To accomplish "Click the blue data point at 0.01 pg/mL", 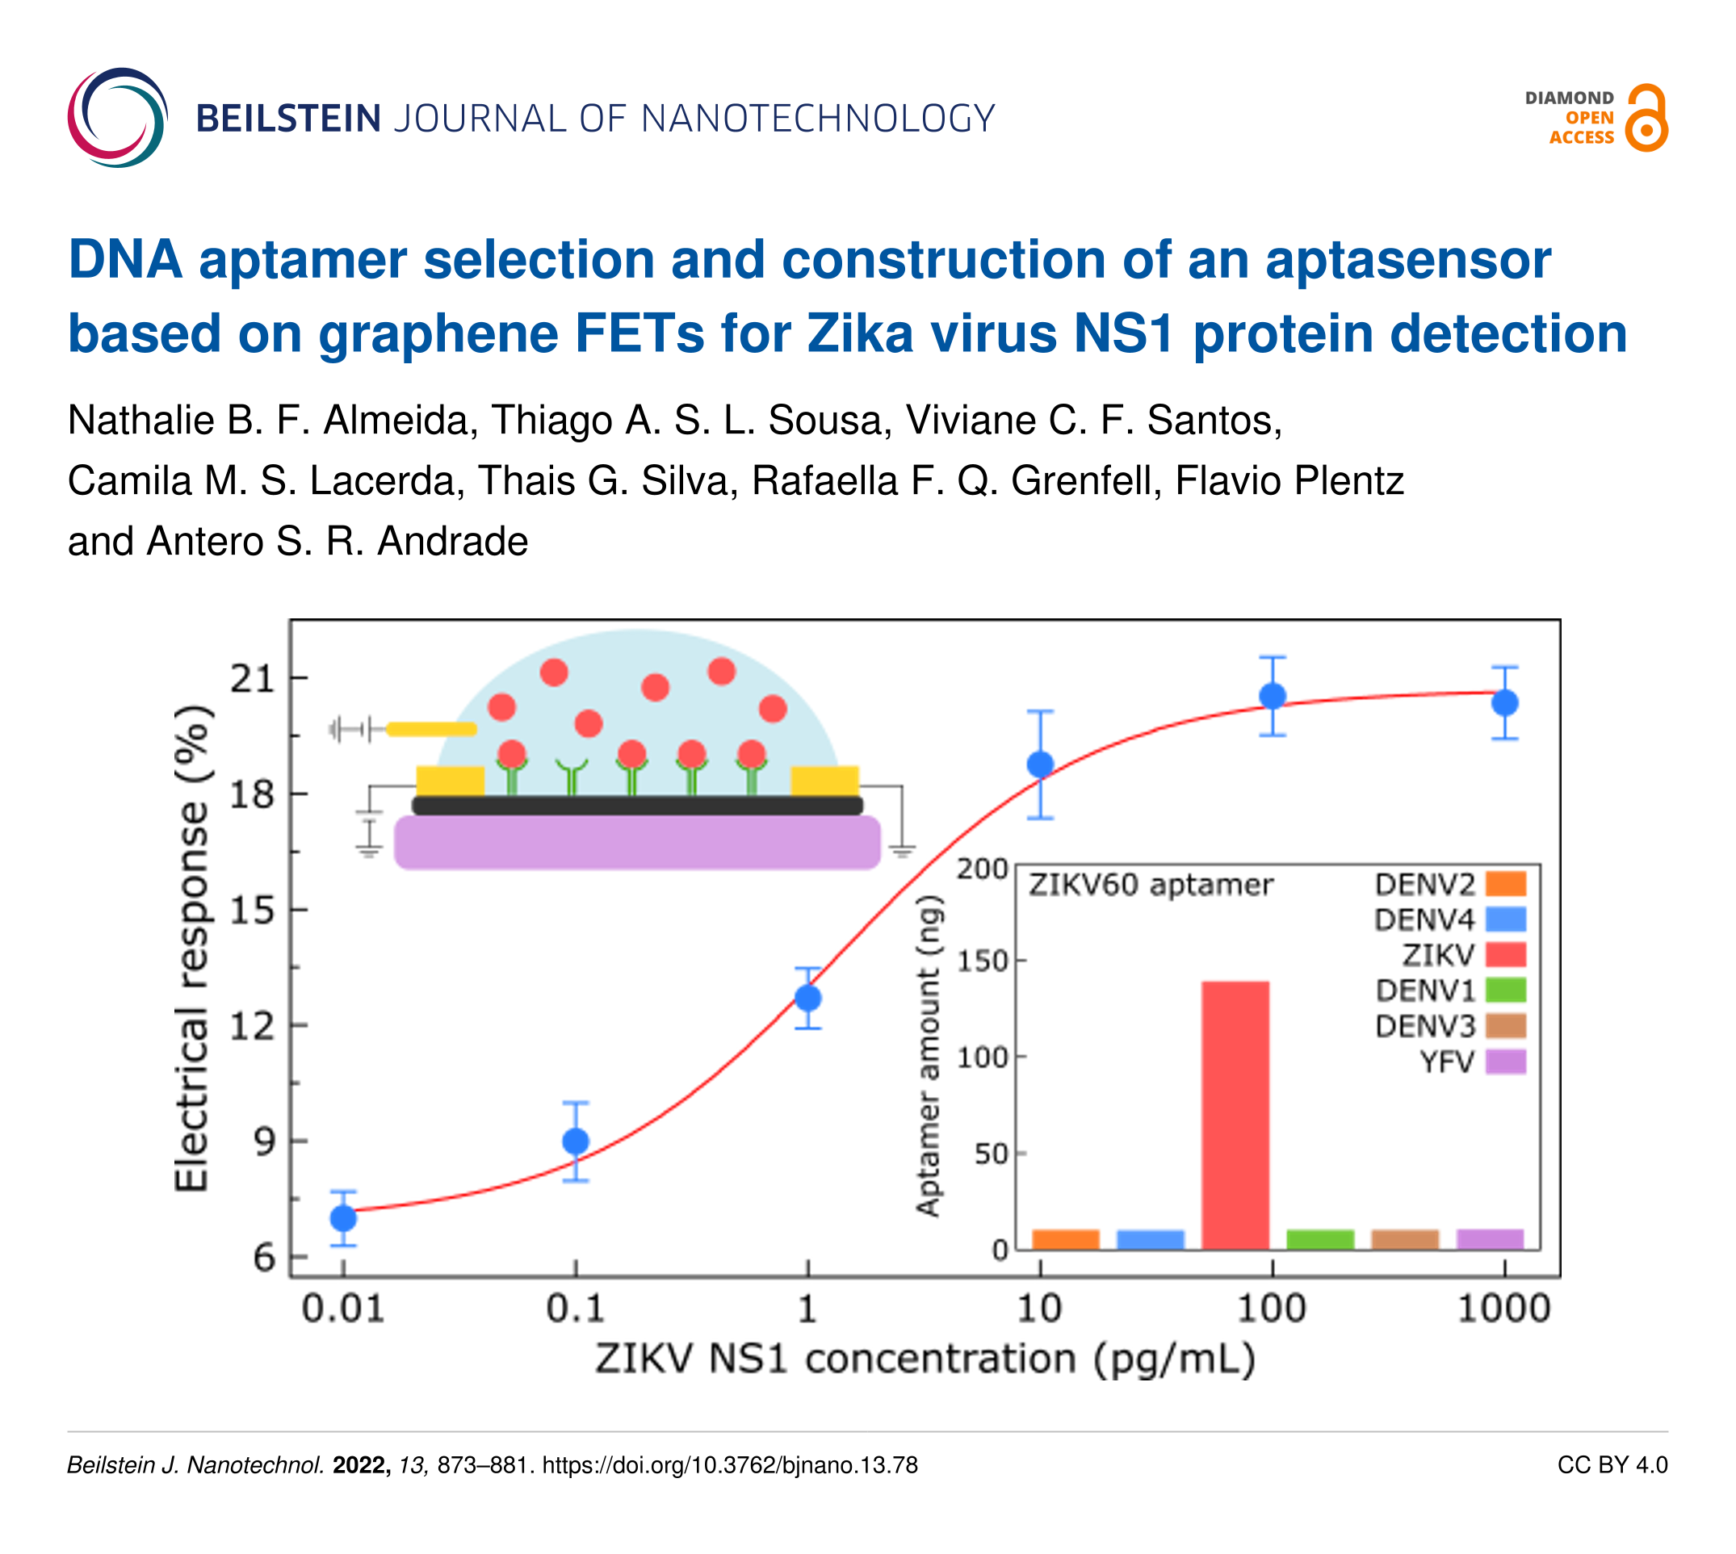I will point(343,1217).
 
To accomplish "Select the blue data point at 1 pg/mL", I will point(807,997).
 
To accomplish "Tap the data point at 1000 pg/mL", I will point(1504,702).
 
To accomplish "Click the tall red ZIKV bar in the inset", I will point(1235,1114).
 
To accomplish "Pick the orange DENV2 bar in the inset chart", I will point(1065,1239).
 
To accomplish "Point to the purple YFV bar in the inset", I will point(1490,1239).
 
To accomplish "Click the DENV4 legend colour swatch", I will point(1505,919).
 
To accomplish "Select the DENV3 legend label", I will point(1424,1025).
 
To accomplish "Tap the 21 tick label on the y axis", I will point(253,679).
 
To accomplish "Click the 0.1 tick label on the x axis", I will point(576,1308).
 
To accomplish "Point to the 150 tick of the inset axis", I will point(982,961).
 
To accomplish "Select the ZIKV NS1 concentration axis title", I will point(925,1359).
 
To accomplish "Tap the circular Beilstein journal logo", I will point(117,118).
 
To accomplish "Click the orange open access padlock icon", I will point(1646,118).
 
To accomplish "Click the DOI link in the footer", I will point(730,1465).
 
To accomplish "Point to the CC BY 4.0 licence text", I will point(1612,1465).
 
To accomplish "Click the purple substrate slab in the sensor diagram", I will point(637,842).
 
